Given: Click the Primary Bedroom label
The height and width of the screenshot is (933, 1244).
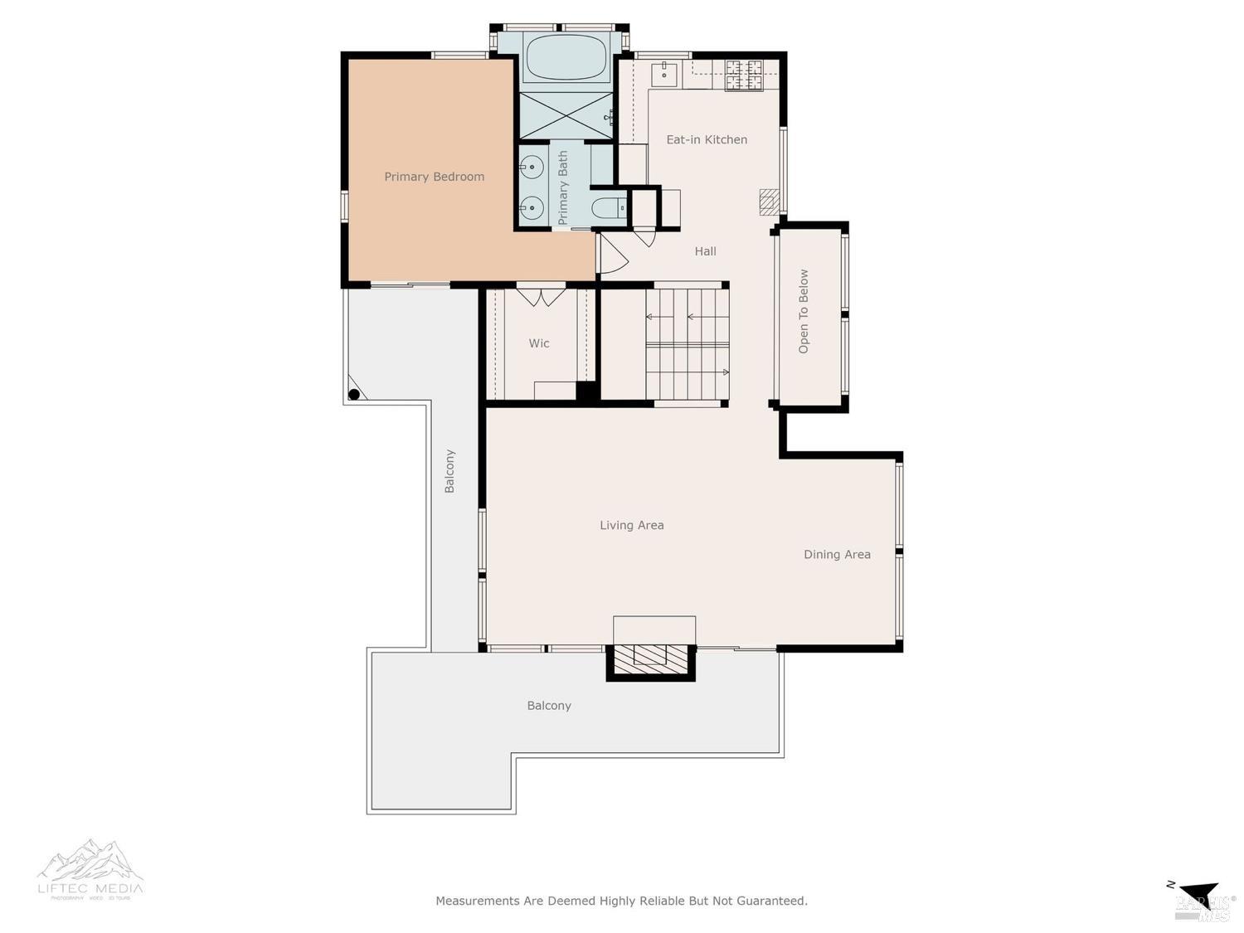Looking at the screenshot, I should point(434,177).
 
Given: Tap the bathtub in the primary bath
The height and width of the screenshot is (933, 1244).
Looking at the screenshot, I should point(566,56).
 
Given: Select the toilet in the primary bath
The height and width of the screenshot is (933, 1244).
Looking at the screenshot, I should point(609,208).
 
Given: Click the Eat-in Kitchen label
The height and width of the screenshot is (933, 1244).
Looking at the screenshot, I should point(707,140).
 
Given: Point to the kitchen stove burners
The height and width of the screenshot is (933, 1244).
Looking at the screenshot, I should point(744,75).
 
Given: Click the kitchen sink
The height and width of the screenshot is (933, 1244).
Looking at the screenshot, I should point(664,73).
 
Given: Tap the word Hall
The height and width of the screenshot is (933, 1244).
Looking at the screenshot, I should point(705,251).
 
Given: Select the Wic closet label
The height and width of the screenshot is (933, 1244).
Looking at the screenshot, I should point(539,343).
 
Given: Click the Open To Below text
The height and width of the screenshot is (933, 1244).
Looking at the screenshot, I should point(804,312).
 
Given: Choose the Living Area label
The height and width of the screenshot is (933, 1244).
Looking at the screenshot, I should point(631,525).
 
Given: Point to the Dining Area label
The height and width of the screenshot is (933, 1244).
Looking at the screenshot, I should point(837,555).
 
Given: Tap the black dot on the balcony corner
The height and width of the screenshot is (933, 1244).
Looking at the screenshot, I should point(354,394).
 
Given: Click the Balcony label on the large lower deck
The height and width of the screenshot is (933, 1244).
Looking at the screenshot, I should point(549,706).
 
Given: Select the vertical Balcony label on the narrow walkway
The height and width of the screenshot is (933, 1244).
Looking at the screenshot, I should point(449,471).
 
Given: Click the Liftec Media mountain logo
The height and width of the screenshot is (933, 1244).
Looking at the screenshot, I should point(90,863).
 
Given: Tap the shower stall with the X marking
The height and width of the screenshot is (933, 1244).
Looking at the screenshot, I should point(565,115).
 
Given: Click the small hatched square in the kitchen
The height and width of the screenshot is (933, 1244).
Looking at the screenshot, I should point(770,202).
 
